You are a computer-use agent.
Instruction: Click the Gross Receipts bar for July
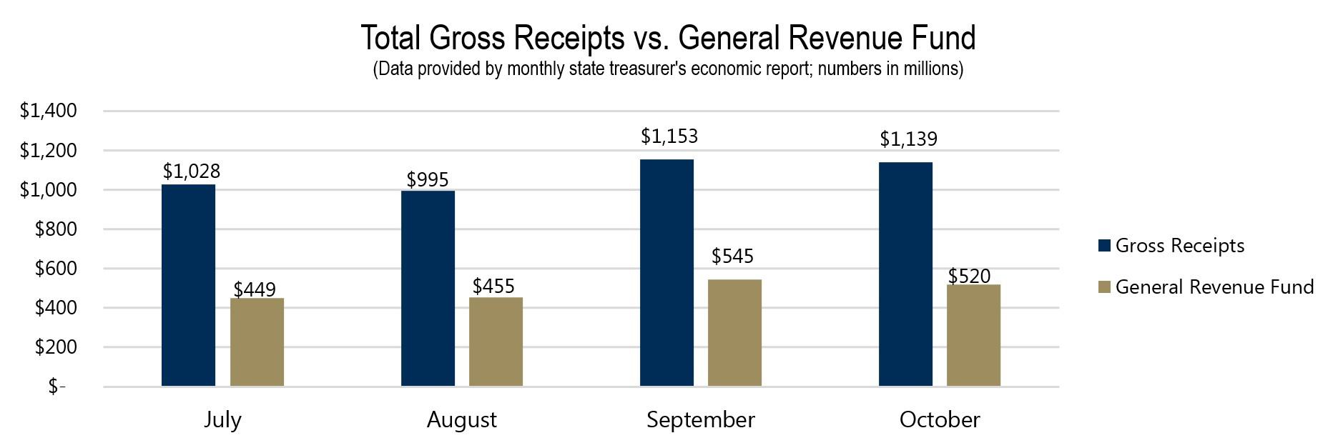pos(188,285)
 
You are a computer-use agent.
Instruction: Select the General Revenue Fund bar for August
pos(496,342)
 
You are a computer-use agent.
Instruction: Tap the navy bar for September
pos(666,272)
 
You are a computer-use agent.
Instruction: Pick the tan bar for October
pos(973,335)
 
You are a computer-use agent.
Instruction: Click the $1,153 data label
pos(669,136)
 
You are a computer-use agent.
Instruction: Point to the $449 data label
pos(255,289)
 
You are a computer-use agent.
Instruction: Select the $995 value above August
pos(428,179)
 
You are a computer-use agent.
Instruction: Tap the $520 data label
pos(969,276)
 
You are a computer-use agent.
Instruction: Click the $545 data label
pos(732,256)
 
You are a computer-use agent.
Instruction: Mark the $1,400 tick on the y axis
pos(48,111)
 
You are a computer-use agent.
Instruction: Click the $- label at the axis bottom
pos(56,387)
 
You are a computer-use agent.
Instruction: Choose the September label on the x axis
pos(700,419)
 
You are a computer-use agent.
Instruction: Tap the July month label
pos(222,419)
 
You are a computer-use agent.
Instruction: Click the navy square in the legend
pos(1104,246)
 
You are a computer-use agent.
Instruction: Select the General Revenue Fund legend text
pos(1214,287)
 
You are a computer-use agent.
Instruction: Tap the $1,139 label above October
pos(908,139)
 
